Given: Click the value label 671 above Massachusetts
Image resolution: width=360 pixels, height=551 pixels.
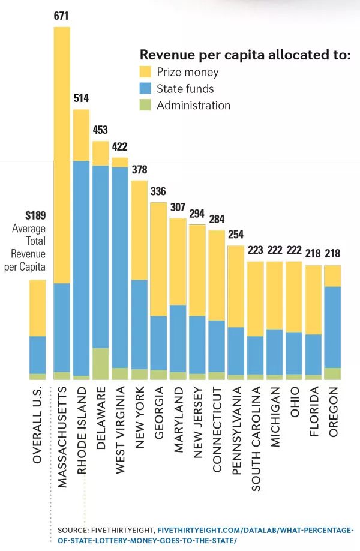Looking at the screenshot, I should (62, 16).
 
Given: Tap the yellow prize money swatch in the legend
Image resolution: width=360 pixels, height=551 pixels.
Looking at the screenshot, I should (146, 73).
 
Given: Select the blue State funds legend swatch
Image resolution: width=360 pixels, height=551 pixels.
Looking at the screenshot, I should (146, 89).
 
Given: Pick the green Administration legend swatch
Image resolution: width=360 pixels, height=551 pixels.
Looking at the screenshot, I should (146, 106).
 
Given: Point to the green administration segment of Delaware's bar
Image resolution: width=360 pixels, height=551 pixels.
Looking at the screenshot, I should (101, 363).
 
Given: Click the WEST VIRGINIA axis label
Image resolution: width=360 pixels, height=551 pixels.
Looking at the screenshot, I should (120, 426).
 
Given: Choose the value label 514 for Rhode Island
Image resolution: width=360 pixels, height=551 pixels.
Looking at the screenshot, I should (81, 98).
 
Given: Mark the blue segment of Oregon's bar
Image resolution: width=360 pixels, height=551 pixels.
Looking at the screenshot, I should (332, 327).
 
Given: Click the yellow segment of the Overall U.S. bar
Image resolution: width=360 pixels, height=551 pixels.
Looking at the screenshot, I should (37, 308).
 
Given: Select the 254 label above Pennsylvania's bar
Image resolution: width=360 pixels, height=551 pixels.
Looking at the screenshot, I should (236, 235).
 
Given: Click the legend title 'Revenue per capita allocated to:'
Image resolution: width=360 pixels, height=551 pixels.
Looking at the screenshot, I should (245, 55).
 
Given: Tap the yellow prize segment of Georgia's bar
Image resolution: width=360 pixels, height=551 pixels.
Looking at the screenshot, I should (158, 259).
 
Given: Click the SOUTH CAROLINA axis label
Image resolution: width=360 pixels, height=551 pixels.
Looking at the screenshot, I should (256, 430).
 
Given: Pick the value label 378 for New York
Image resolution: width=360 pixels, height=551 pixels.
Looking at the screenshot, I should (139, 170).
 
